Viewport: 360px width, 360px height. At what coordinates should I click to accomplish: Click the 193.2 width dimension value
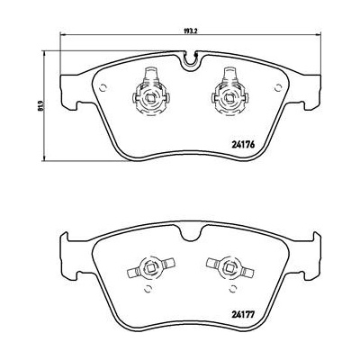[x=190, y=31]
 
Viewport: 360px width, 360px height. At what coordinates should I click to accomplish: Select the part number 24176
[x=243, y=145]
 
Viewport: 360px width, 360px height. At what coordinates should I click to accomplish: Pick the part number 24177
[x=243, y=315]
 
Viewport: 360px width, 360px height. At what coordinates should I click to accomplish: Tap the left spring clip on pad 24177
[x=151, y=267]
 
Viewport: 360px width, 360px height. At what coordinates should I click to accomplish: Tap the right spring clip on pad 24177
[x=230, y=267]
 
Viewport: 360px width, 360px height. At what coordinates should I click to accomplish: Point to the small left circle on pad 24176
[x=103, y=87]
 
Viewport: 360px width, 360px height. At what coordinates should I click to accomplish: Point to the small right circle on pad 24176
[x=278, y=87]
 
